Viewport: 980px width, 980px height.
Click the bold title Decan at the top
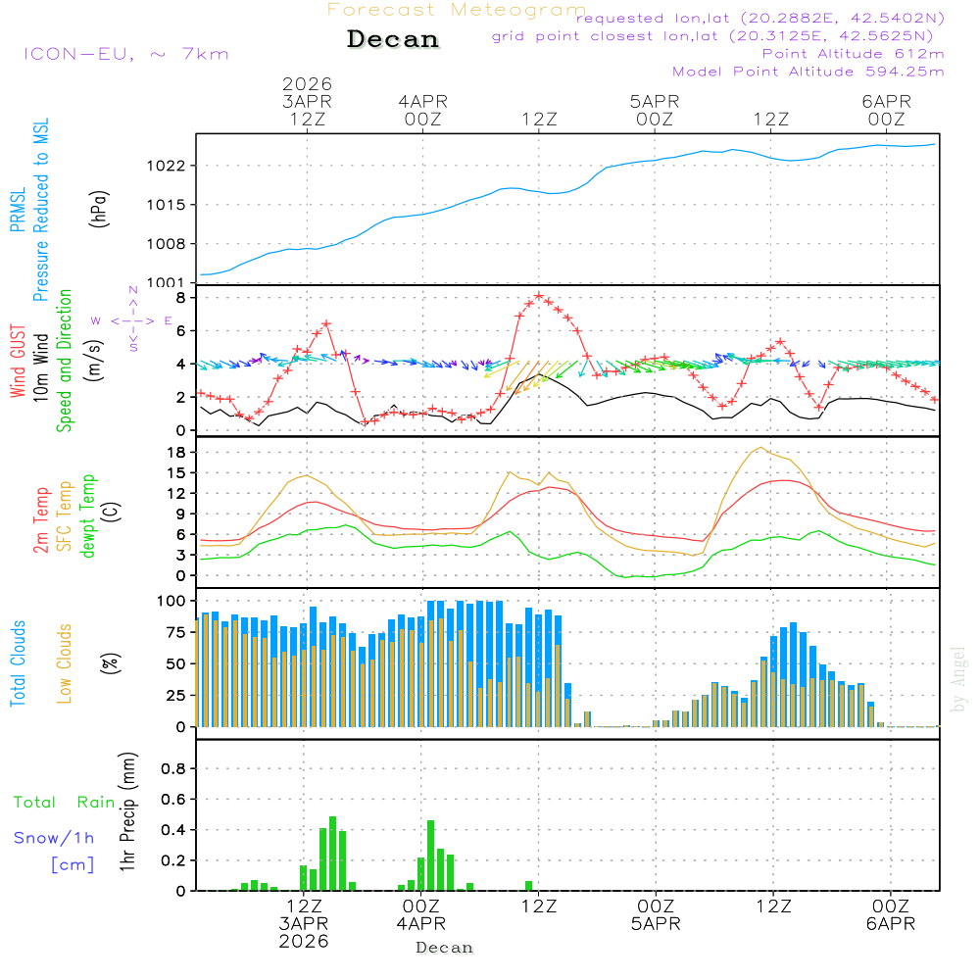[393, 40]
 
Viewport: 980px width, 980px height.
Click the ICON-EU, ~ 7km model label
[125, 54]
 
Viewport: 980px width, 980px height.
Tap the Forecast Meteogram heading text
[457, 10]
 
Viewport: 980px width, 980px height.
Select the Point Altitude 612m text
[853, 54]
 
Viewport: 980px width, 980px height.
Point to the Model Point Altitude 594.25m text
[808, 72]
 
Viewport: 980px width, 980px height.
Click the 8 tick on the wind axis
[180, 297]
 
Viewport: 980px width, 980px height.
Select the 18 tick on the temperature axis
[176, 452]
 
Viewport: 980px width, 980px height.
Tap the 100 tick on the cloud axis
[172, 601]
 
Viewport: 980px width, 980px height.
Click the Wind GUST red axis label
[18, 361]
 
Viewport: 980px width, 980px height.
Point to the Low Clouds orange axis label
[65, 662]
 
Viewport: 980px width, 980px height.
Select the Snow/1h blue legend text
[54, 838]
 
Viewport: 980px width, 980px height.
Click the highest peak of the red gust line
[539, 295]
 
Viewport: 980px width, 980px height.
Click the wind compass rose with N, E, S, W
[133, 320]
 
